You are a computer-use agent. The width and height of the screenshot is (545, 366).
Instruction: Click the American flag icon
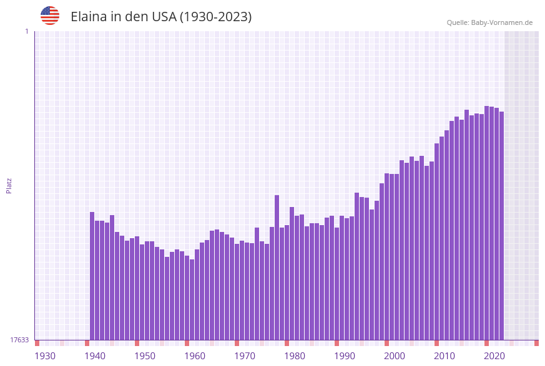50,16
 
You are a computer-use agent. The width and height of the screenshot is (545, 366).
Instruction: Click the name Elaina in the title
89,17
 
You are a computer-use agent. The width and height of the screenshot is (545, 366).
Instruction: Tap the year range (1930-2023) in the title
215,17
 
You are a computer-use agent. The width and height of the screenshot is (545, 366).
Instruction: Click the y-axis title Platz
9,185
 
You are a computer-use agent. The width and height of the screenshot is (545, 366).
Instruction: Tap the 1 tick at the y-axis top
26,31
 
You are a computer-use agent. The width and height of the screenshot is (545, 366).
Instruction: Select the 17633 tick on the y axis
19,340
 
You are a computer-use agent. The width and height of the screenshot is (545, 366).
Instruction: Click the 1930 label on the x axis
45,356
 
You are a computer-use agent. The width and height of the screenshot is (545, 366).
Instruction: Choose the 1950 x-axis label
145,356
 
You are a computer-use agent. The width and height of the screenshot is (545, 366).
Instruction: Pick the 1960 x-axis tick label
195,356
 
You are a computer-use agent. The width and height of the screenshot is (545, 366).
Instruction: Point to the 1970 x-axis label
245,356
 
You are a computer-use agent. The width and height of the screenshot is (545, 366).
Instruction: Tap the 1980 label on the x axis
295,356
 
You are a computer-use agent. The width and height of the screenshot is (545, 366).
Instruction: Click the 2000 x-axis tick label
395,356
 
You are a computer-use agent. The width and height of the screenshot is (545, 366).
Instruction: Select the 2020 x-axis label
494,356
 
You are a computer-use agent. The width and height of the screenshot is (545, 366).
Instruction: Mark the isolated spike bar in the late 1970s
277,267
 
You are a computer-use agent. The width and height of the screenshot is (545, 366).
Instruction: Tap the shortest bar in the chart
192,299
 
